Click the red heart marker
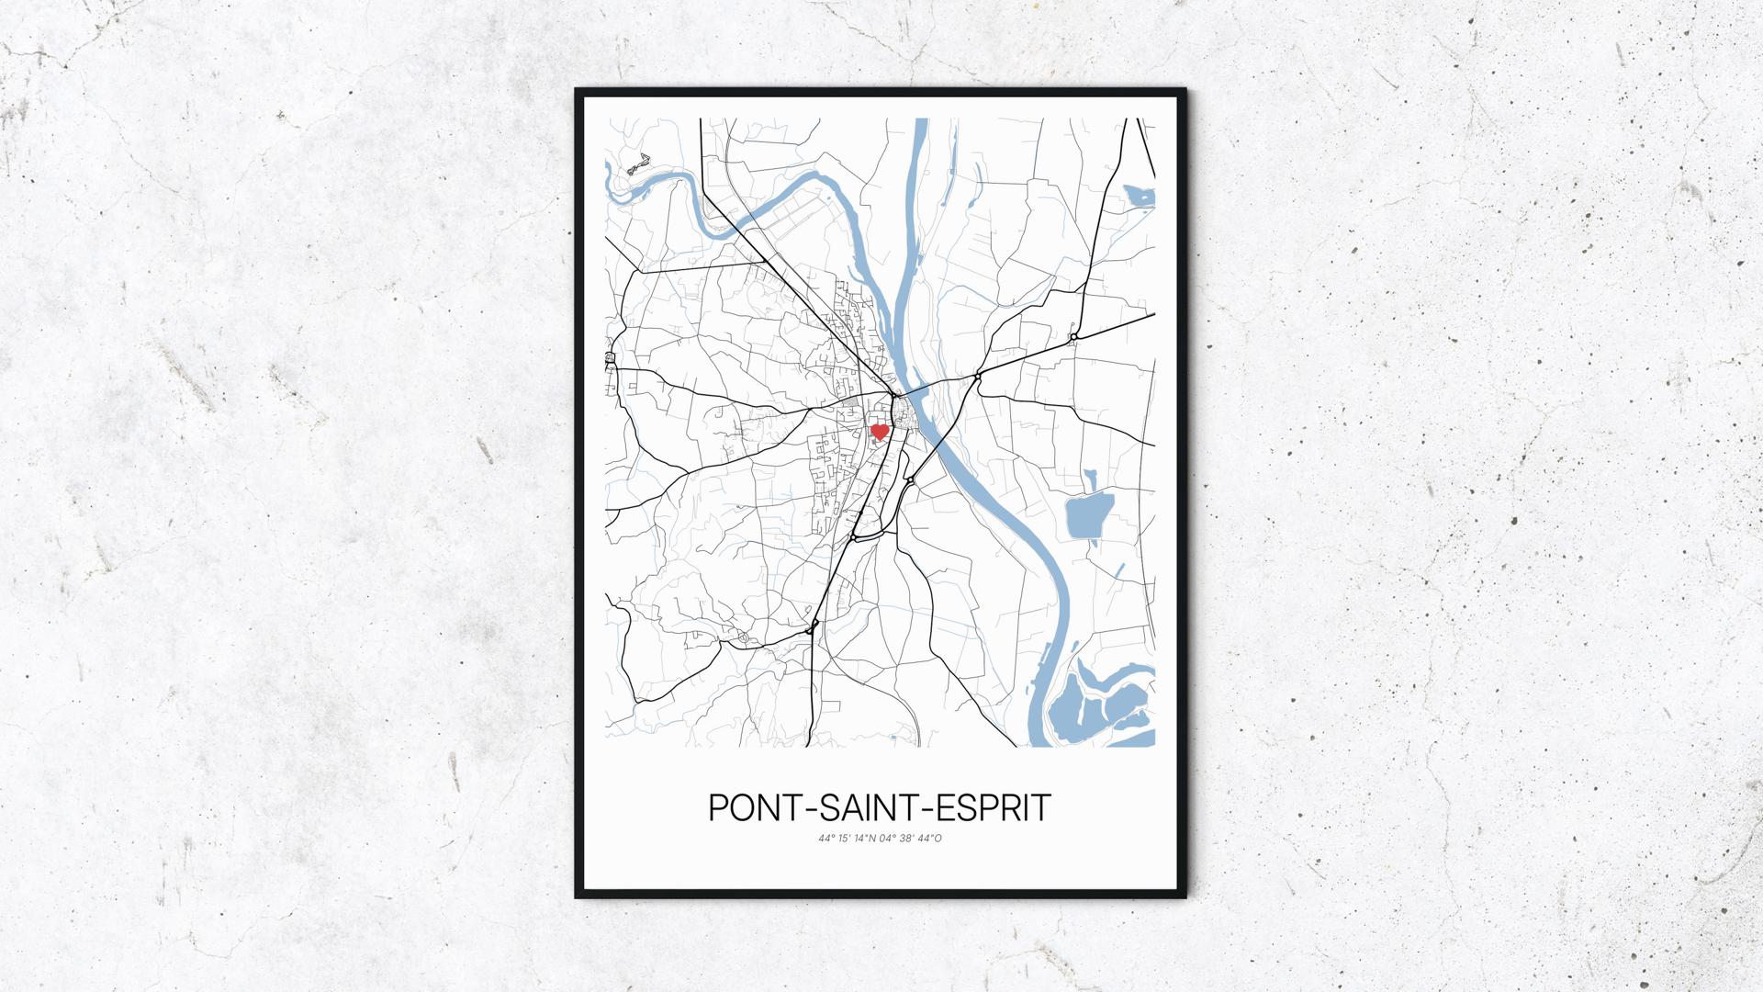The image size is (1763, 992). tap(880, 431)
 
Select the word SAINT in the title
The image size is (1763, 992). tap(878, 808)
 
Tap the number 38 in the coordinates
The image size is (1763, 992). tap(906, 839)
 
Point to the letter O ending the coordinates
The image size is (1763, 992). tap(938, 839)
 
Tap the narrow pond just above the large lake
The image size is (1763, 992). tap(1090, 479)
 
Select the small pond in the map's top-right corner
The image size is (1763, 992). tap(1140, 195)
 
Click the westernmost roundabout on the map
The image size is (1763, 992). tap(610, 357)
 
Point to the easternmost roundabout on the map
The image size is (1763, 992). tap(1072, 338)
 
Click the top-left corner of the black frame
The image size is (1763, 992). tap(577, 90)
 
